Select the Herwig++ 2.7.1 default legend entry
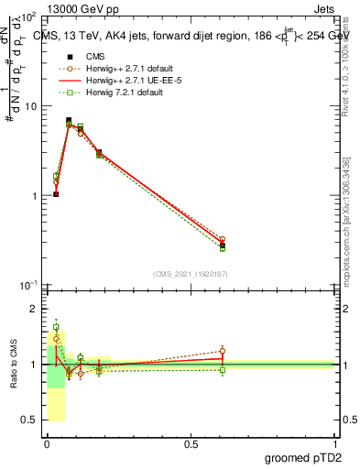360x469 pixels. [127, 68]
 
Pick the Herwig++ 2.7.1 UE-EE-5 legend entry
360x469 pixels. [129, 80]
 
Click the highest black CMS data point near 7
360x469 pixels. [69, 120]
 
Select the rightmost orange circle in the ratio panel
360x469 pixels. [223, 351]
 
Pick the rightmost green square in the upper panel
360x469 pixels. [223, 247]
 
